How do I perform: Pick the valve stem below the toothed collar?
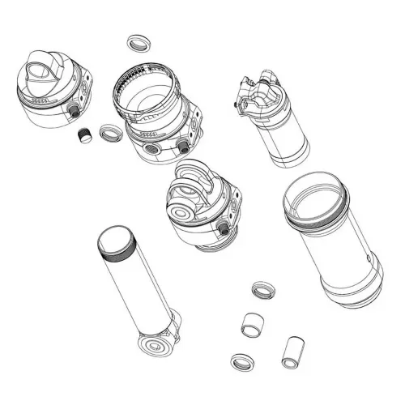pos(183,144)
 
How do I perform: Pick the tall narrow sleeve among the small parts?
pos(291,351)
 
